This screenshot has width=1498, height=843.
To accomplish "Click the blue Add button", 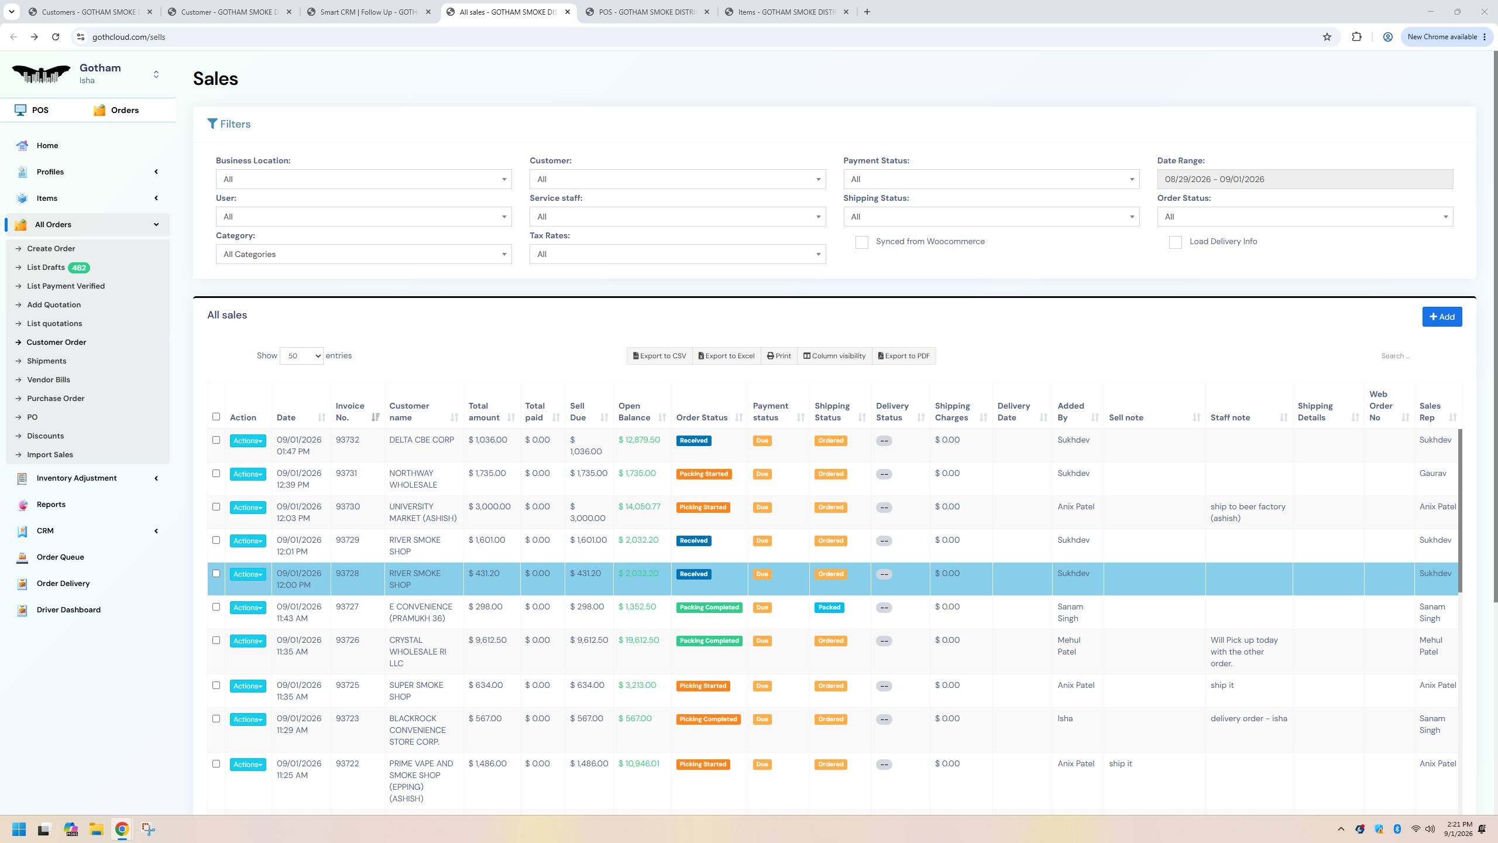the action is pyautogui.click(x=1442, y=317).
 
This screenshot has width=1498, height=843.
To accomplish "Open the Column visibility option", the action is pyautogui.click(x=834, y=356).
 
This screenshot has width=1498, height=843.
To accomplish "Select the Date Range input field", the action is pyautogui.click(x=1305, y=179).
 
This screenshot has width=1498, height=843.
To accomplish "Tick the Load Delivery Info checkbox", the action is pyautogui.click(x=1176, y=242).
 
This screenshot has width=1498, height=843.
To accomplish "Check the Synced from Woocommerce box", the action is pyautogui.click(x=861, y=242).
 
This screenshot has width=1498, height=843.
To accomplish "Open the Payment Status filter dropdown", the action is pyautogui.click(x=991, y=179).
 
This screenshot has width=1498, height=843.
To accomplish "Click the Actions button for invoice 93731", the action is pyautogui.click(x=248, y=474).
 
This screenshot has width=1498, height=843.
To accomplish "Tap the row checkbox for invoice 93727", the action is pyautogui.click(x=216, y=607).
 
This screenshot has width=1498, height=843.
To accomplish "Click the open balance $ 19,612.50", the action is pyautogui.click(x=638, y=640).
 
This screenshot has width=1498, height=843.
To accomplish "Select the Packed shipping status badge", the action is pyautogui.click(x=829, y=608).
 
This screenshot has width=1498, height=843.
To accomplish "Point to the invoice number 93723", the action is pyautogui.click(x=347, y=719).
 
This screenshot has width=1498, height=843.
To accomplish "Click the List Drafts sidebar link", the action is pyautogui.click(x=46, y=268).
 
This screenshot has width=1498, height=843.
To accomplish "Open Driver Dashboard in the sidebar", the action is pyautogui.click(x=68, y=610).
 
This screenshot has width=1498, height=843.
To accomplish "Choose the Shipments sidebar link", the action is pyautogui.click(x=47, y=361).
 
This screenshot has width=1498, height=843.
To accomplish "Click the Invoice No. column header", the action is pyautogui.click(x=350, y=412).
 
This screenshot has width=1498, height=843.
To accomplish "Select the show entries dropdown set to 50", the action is pyautogui.click(x=301, y=356).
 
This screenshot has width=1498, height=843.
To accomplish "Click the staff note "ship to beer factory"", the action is pyautogui.click(x=1248, y=507).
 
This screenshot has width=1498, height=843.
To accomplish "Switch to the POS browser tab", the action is pyautogui.click(x=647, y=12).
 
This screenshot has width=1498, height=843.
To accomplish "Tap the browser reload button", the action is pyautogui.click(x=56, y=37).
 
